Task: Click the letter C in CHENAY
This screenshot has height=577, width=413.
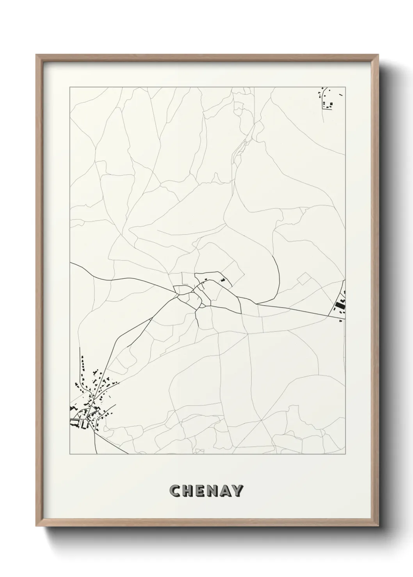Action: click(174, 490)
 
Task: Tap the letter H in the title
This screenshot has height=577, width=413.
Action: click(187, 490)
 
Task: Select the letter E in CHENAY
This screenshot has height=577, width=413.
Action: click(199, 490)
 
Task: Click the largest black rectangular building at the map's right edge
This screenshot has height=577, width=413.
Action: click(337, 306)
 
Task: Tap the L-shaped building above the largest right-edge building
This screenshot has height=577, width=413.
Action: click(344, 301)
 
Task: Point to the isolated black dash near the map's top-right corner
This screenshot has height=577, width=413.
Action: click(341, 94)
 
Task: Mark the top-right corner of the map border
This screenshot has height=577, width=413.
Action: click(345, 87)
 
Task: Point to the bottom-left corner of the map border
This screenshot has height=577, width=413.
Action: click(70, 454)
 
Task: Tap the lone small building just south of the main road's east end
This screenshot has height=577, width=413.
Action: click(340, 320)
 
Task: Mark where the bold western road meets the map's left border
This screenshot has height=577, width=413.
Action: click(70, 263)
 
